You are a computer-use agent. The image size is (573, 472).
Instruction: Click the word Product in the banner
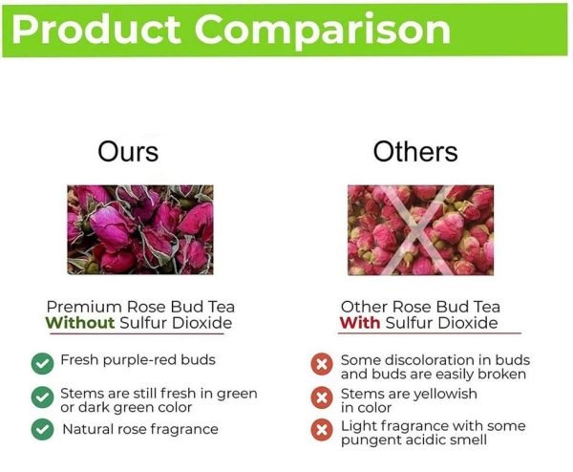point(95,30)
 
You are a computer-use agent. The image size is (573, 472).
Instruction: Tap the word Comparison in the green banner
point(323,31)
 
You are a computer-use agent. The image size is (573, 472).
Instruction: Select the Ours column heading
point(128,151)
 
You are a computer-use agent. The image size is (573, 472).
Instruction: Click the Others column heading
point(415,151)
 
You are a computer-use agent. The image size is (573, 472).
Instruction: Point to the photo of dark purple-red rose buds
point(140,230)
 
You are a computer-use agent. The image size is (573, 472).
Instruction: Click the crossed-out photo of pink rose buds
point(420,230)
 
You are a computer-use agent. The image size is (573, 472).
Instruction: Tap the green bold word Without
point(79,323)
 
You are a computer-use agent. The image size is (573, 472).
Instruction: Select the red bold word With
point(360,323)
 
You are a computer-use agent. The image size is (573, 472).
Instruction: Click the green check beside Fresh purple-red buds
point(42,363)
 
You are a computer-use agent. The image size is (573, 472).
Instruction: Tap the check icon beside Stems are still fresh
point(42,397)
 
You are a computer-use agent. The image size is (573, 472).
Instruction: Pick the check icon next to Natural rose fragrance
point(42,429)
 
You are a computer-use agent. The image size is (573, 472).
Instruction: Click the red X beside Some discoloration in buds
point(322,364)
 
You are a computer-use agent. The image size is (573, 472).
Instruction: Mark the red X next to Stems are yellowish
point(322,397)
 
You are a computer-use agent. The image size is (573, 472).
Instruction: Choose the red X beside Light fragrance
point(322,430)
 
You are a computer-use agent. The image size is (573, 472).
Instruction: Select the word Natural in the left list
point(86,429)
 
